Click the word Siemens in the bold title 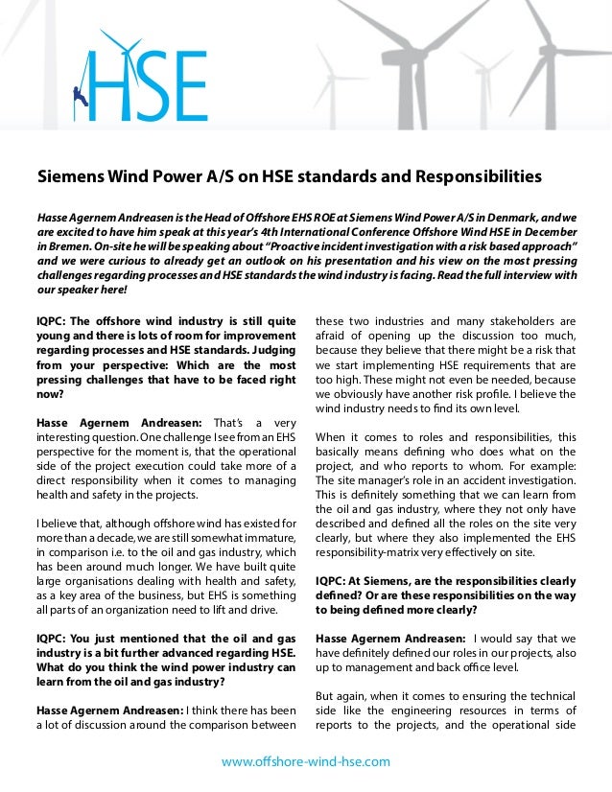(x=71, y=177)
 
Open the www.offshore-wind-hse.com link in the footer (x=306, y=761)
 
